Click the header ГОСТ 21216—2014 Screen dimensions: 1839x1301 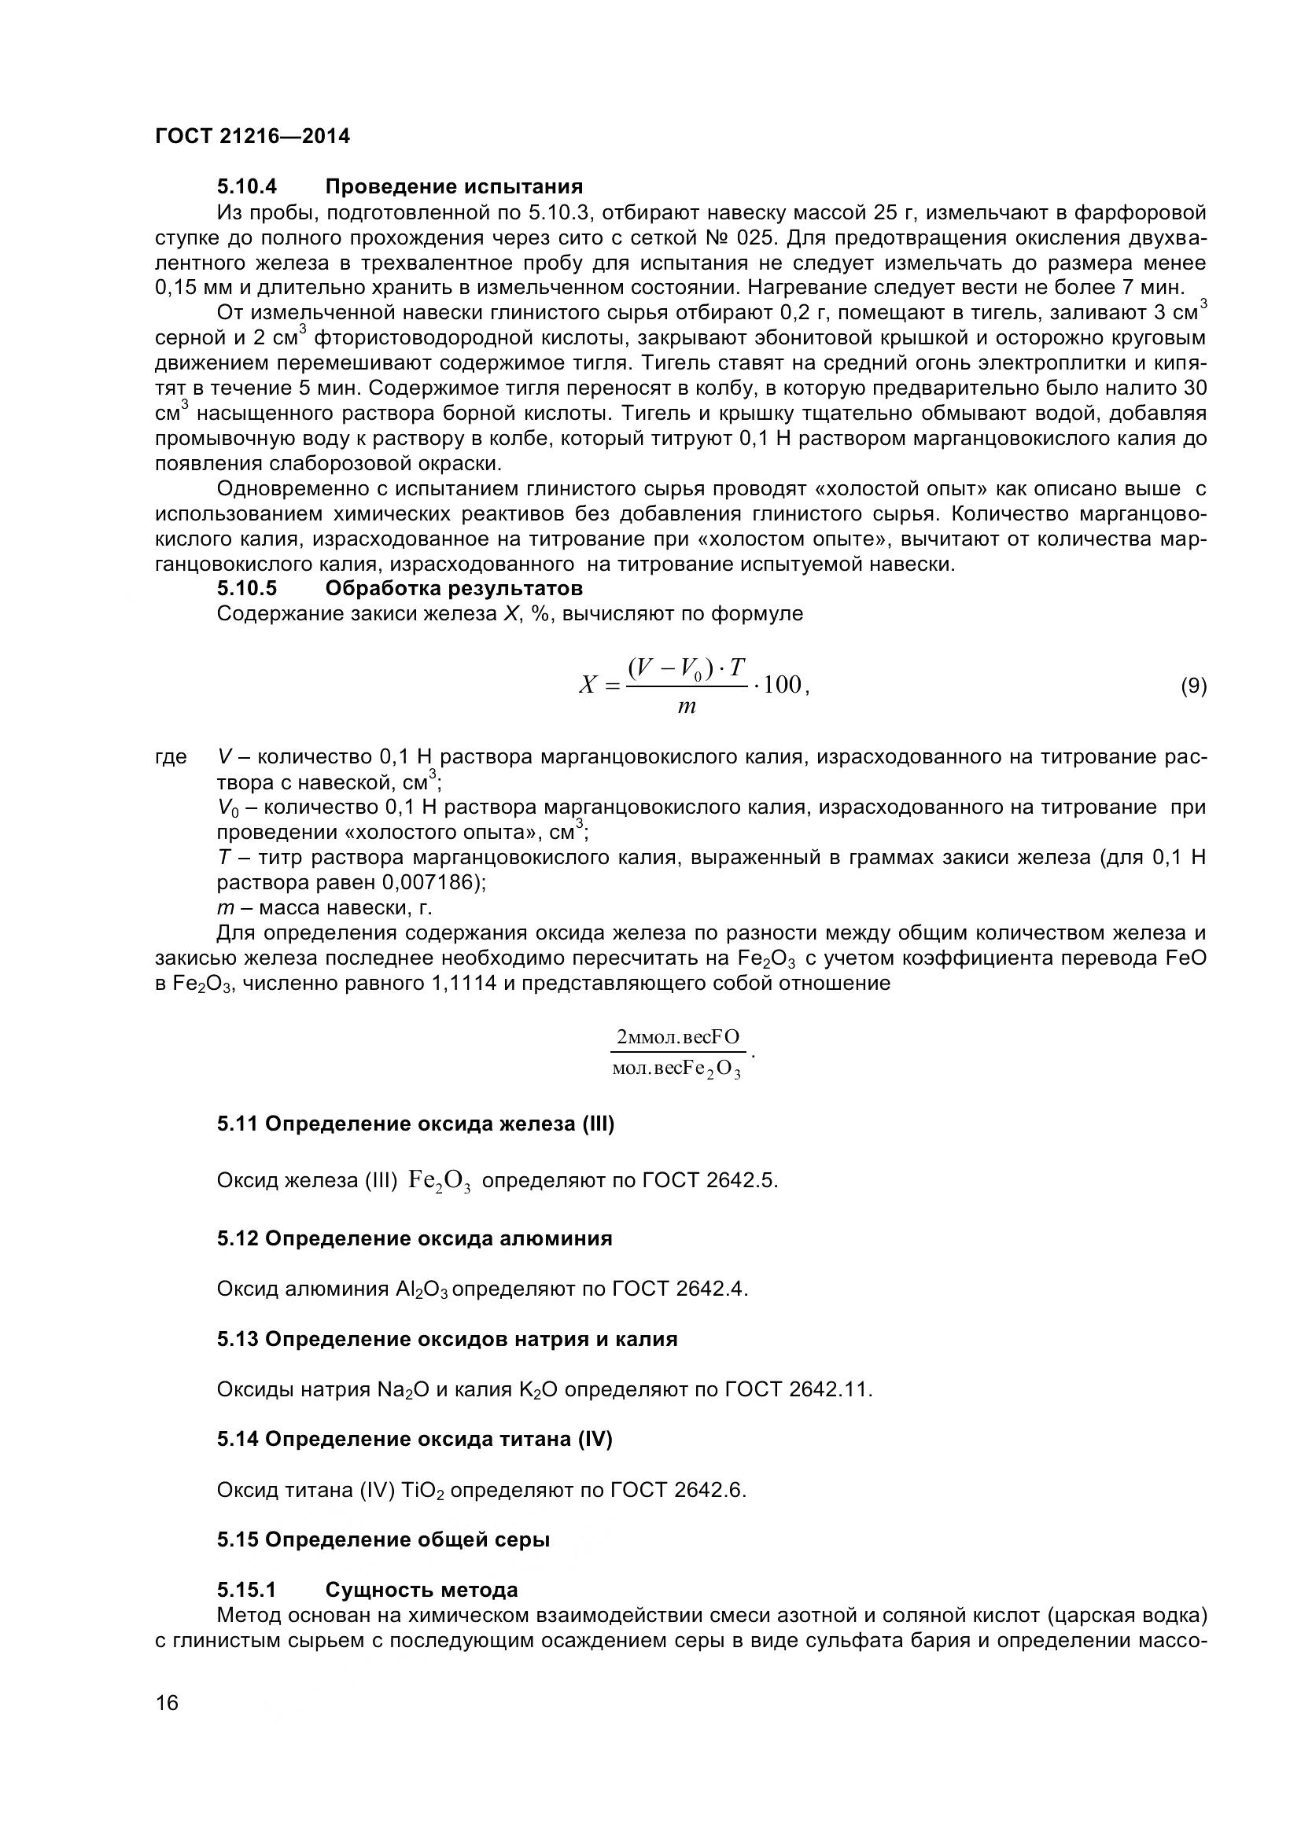252,136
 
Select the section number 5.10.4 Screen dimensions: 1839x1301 247,187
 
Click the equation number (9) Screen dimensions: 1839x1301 1194,686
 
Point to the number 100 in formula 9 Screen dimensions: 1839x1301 783,685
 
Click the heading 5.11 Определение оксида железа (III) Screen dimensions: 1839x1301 415,1124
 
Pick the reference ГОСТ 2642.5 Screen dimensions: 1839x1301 709,1181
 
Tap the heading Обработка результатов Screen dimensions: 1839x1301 453,589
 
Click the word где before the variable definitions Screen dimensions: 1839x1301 171,757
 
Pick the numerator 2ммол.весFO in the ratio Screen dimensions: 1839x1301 678,1038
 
